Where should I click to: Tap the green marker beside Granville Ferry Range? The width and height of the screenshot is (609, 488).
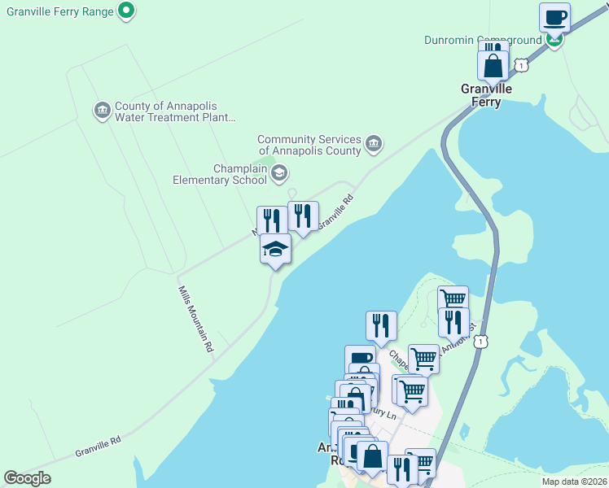click(126, 11)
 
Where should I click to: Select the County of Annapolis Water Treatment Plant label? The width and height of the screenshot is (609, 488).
click(174, 111)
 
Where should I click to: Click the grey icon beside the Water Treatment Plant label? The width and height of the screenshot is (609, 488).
click(102, 110)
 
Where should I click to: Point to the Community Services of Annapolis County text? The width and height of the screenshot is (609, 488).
click(309, 145)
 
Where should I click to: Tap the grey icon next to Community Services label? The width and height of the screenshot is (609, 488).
click(374, 144)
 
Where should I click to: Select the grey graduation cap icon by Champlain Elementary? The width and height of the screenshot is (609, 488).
click(279, 172)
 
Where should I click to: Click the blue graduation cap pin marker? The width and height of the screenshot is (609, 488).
click(276, 249)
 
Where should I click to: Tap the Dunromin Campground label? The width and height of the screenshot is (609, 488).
click(483, 40)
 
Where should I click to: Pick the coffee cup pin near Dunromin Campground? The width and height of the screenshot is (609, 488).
click(554, 17)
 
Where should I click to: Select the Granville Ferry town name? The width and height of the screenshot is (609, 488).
click(487, 95)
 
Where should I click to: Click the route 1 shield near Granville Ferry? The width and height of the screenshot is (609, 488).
click(522, 64)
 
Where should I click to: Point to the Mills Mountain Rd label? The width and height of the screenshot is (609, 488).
click(195, 318)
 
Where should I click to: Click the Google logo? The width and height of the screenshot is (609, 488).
click(28, 478)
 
